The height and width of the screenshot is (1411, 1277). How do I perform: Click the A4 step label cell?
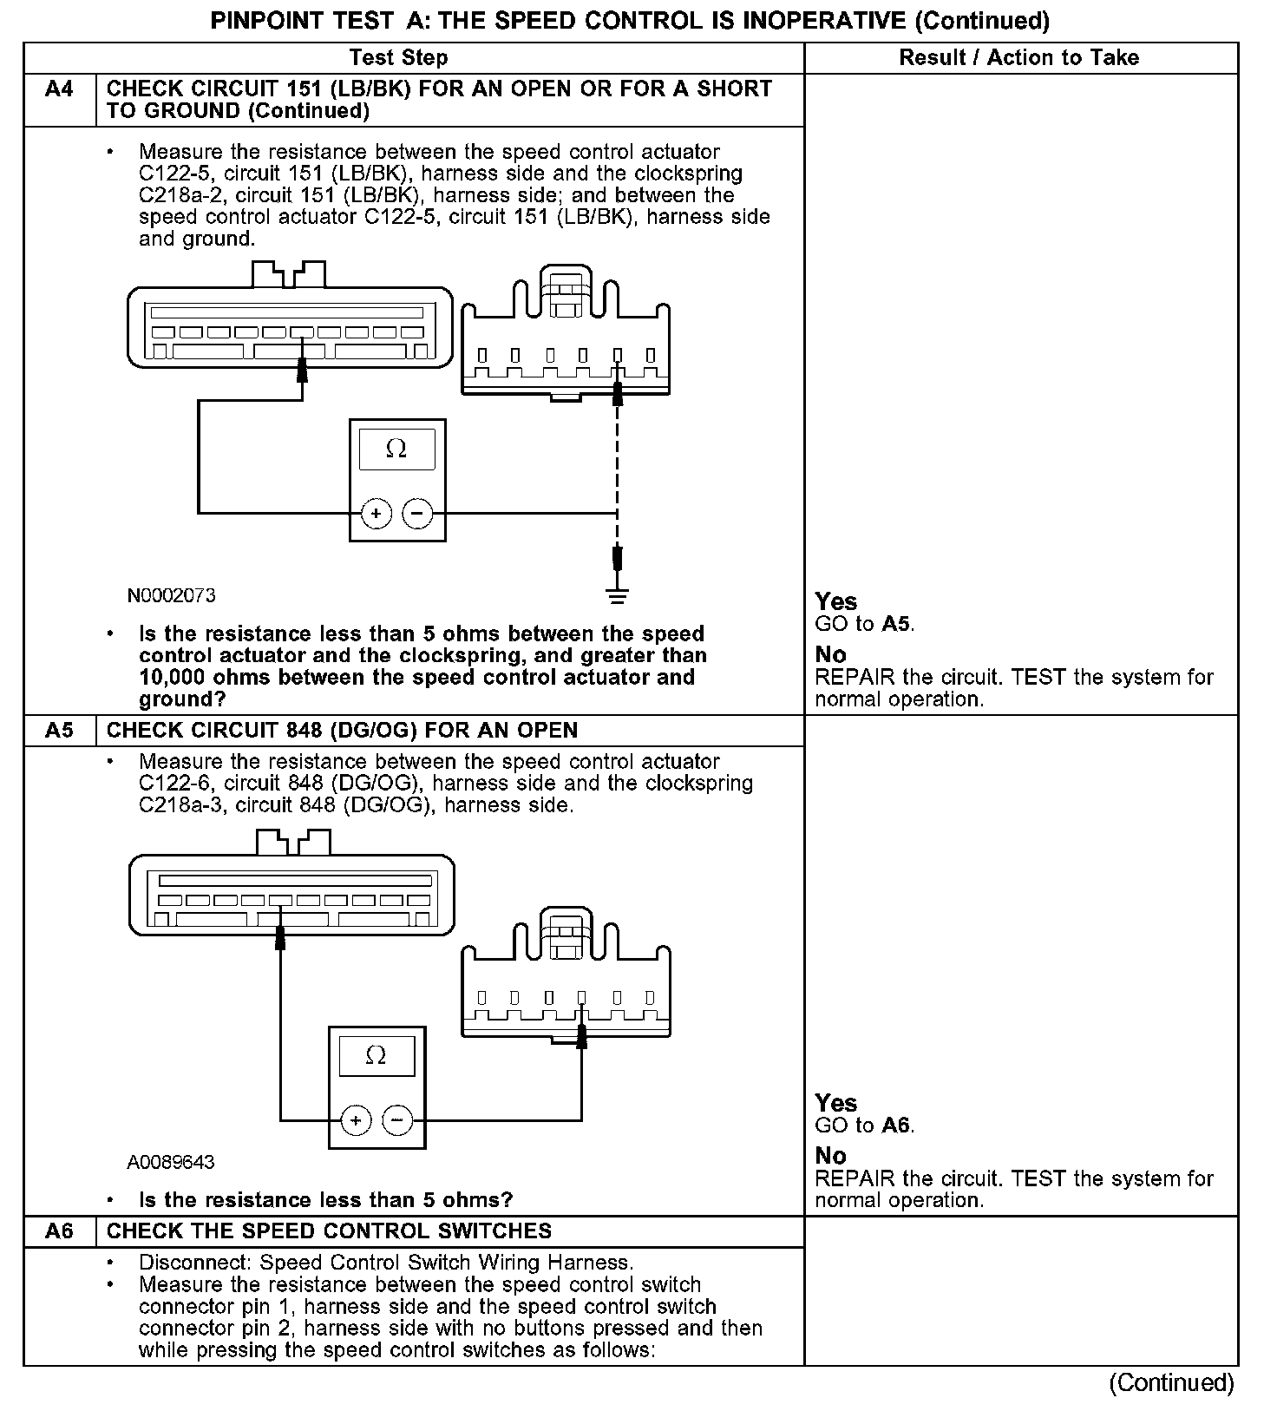[x=59, y=89]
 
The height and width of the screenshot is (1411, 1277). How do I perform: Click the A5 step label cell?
[x=59, y=731]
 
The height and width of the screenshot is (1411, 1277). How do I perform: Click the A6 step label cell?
[x=59, y=1231]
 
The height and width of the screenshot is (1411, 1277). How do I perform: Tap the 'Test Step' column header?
[x=399, y=58]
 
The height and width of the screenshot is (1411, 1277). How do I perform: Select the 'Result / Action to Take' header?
[x=1019, y=58]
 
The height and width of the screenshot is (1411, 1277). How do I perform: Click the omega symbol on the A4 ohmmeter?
[x=396, y=449]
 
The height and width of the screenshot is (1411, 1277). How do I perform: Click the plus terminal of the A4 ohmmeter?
[x=376, y=514]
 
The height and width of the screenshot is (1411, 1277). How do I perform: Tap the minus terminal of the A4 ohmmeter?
[x=417, y=514]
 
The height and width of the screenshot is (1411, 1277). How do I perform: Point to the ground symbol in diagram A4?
[x=617, y=595]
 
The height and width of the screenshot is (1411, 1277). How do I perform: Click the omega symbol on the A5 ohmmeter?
[x=376, y=1056]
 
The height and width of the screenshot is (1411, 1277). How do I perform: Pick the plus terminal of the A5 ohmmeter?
[x=355, y=1120]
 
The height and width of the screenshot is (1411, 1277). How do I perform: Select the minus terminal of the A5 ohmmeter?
[x=397, y=1120]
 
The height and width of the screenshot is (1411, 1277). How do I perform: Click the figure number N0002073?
[x=172, y=596]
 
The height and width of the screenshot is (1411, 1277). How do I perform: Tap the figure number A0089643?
[x=171, y=1162]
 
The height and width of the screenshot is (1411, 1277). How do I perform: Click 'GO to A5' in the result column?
[x=865, y=624]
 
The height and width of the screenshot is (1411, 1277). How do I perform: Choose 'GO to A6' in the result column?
[x=865, y=1126]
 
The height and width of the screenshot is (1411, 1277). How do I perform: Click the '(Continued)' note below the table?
[x=1171, y=1383]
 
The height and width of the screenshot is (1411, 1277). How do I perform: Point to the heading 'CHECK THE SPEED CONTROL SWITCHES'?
[x=329, y=1231]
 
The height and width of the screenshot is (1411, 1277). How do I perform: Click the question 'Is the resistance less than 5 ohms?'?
[x=325, y=1200]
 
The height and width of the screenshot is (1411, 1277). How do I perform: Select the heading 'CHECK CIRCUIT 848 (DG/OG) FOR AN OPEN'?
[x=342, y=731]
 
